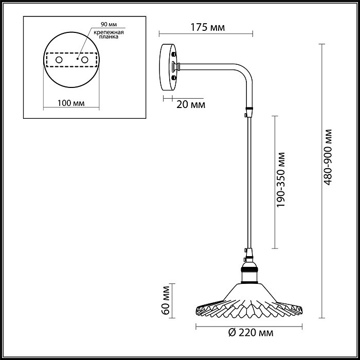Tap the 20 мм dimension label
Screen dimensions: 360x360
(190, 105)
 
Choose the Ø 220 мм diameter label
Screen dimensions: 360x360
(249, 333)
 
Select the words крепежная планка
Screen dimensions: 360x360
(110, 35)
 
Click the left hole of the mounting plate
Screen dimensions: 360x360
(60, 60)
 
